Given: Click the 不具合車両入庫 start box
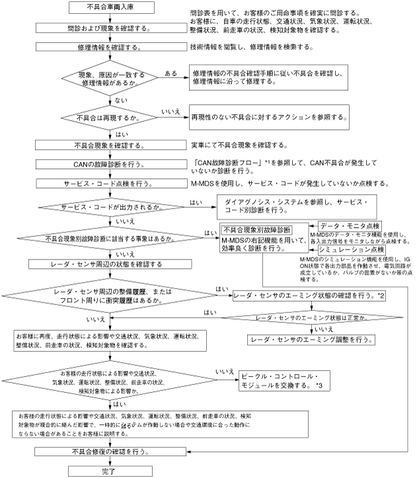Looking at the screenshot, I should click(x=112, y=8).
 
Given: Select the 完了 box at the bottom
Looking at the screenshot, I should click(x=112, y=471).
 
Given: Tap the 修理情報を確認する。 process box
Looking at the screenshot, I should click(x=112, y=48).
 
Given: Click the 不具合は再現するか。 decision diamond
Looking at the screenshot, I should click(x=112, y=118).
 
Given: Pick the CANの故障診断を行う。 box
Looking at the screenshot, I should click(x=112, y=164).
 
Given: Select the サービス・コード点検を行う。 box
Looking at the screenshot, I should click(x=112, y=184).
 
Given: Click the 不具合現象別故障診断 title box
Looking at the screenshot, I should click(x=257, y=230).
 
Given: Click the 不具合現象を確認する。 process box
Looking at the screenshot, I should click(x=112, y=145).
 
